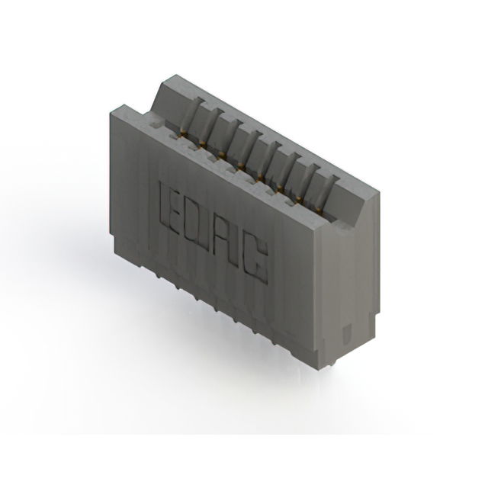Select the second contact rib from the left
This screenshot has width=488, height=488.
(x=212, y=127)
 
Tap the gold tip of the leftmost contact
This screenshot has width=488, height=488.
(x=184, y=136)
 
